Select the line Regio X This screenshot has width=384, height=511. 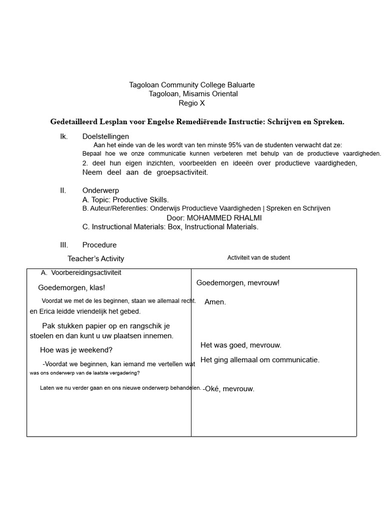click(191, 103)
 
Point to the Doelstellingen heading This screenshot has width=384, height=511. click(105, 136)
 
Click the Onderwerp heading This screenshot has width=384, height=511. click(100, 191)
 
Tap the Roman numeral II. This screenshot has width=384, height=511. click(63, 191)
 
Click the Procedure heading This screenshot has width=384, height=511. click(99, 245)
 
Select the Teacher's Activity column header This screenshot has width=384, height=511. click(96, 258)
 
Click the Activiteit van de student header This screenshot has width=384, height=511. click(258, 258)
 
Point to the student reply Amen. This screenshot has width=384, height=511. click(215, 302)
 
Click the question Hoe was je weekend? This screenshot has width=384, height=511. click(76, 350)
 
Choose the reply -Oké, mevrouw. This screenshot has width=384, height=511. click(228, 389)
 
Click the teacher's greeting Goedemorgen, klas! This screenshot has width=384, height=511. click(71, 287)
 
